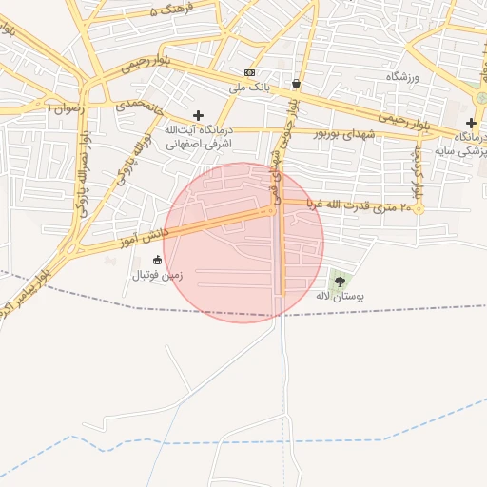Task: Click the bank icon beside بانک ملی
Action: tap(249, 72)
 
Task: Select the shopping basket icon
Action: tap(297, 83)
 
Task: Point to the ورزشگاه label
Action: tap(402, 75)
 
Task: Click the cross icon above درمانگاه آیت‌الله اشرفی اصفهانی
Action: tap(198, 115)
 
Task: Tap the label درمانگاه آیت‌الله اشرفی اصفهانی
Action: tap(199, 137)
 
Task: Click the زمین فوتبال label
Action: tap(155, 274)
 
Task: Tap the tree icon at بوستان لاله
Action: tap(339, 281)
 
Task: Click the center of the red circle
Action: tap(243, 243)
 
